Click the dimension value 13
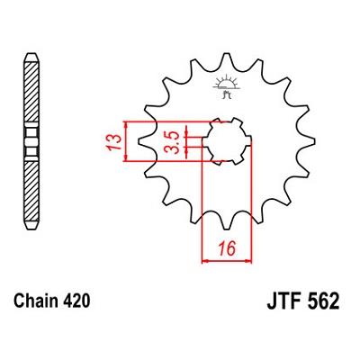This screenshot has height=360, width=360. tap(113, 142)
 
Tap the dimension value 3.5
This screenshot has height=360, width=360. tap(173, 142)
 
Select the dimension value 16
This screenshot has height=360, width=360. tap(227, 248)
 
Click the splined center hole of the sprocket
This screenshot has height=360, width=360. tap(227, 141)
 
